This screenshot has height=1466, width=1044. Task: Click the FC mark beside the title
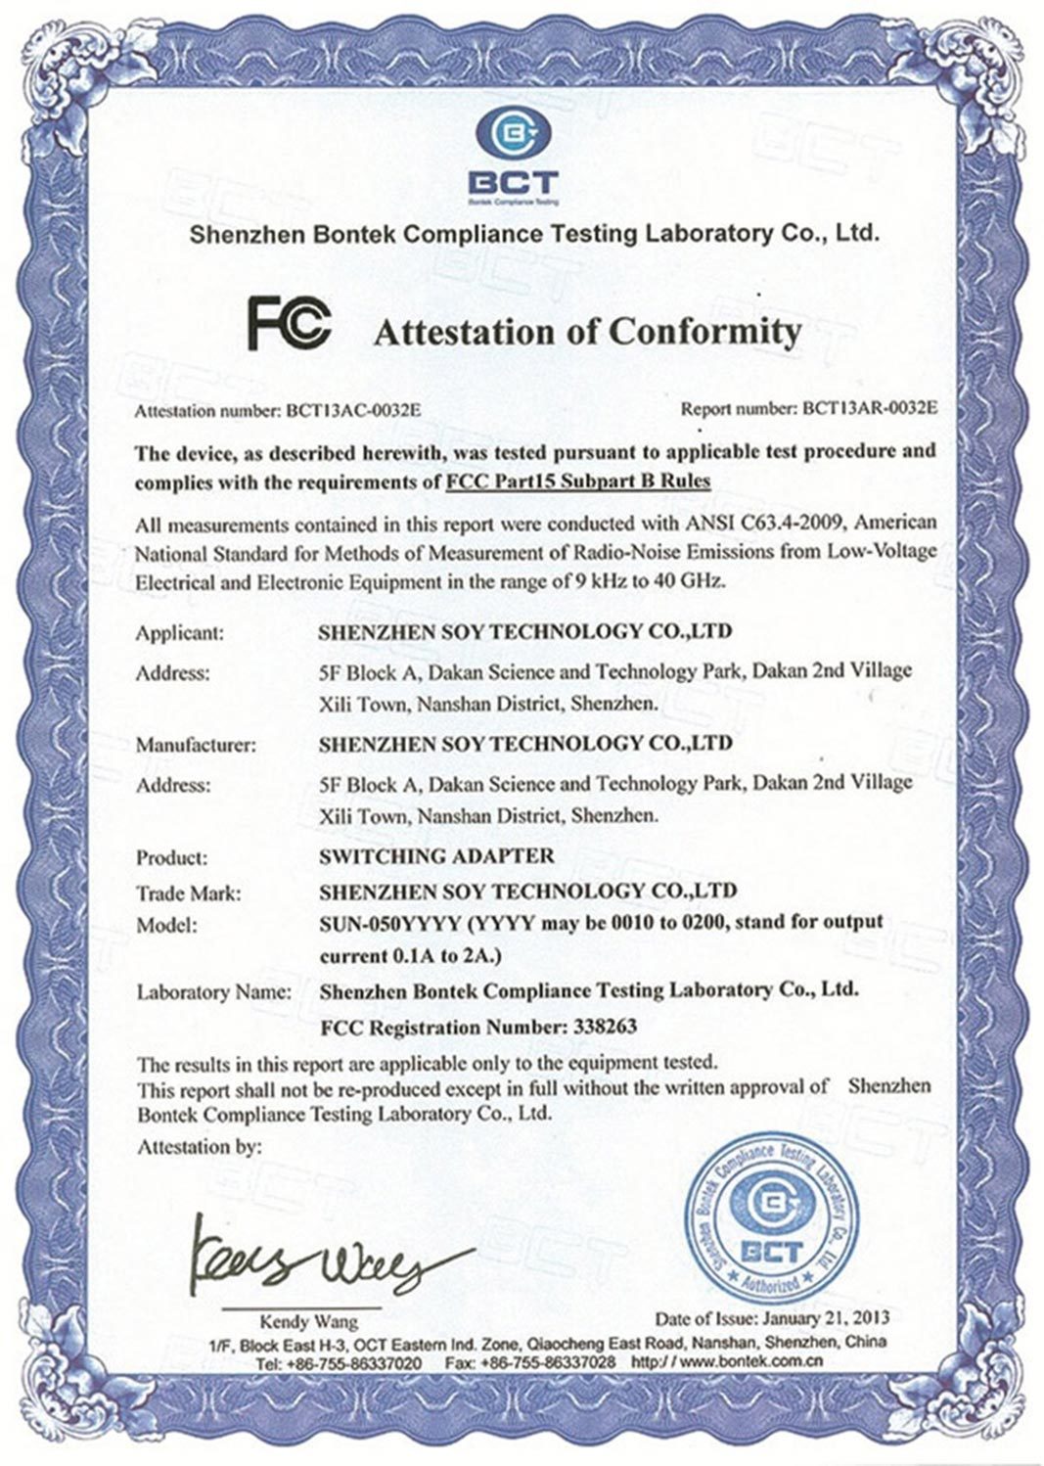(x=289, y=325)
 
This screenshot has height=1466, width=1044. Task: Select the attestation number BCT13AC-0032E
(x=352, y=411)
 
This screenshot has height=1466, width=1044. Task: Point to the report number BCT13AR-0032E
(x=868, y=408)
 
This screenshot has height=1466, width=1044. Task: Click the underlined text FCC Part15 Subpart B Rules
(x=577, y=481)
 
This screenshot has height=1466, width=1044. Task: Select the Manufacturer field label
(x=195, y=745)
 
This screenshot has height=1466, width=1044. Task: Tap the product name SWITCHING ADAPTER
(x=436, y=855)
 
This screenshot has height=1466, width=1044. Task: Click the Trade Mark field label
(x=188, y=893)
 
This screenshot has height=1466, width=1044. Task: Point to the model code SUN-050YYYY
(x=391, y=923)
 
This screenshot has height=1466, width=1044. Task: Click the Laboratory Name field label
(x=212, y=991)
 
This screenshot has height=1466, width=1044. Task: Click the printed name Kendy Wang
(x=308, y=1321)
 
